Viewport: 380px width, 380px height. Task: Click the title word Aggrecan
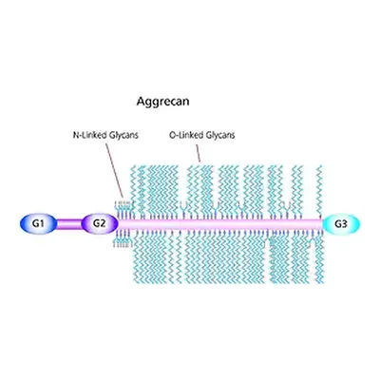coord(163,102)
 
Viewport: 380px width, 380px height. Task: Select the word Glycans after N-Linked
coord(124,136)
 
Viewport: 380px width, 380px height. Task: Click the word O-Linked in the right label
coord(186,135)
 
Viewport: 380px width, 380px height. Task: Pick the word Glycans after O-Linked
coord(220,136)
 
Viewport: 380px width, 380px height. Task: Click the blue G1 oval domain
coord(39,224)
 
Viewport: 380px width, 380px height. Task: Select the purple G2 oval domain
coord(100,224)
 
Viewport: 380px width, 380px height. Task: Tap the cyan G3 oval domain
coord(341,224)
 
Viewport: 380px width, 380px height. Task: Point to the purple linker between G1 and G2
coord(69,224)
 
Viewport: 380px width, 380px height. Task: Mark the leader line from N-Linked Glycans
coord(114,170)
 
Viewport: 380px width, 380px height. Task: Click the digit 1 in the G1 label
coord(42,224)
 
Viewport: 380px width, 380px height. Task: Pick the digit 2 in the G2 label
coord(103,223)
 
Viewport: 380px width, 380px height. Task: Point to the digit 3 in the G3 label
coord(344,224)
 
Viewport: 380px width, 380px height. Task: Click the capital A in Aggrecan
coord(141,102)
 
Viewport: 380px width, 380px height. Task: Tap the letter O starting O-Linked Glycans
coord(172,136)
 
